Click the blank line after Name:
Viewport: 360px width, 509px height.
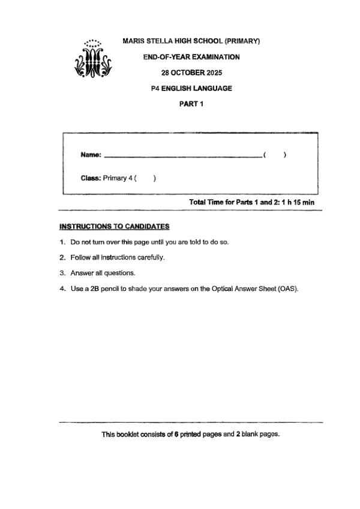pyautogui.click(x=183, y=156)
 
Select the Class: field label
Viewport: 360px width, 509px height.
pyautogui.click(x=91, y=178)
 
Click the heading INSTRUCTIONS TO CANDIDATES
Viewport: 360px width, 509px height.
pyautogui.click(x=114, y=227)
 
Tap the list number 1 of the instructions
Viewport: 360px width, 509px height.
pyautogui.click(x=62, y=242)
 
